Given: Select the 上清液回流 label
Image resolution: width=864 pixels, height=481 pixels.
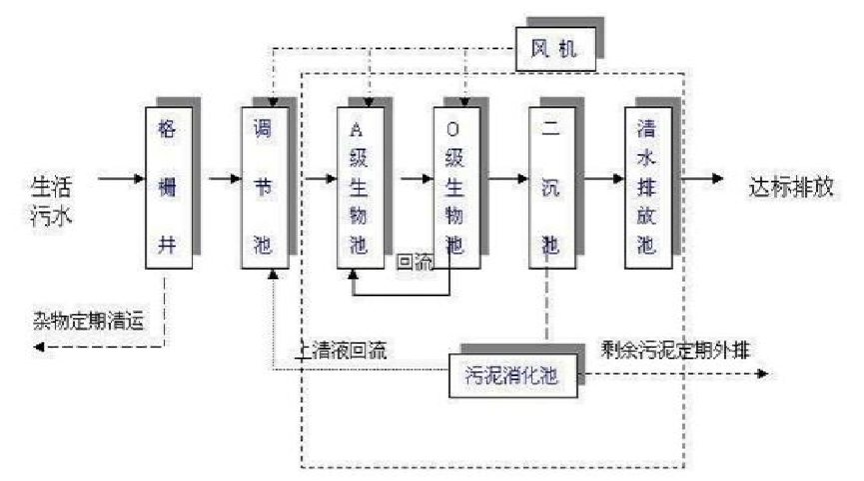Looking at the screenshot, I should tap(341, 351).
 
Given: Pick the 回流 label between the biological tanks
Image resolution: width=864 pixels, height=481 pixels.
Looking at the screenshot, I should tap(414, 262).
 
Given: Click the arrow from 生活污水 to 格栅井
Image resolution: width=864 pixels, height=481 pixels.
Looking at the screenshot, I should tap(121, 180).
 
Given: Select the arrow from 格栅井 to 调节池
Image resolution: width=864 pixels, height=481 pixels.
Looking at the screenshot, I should tap(217, 180).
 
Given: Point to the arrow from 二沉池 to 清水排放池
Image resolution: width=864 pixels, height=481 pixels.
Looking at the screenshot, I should tap(599, 180).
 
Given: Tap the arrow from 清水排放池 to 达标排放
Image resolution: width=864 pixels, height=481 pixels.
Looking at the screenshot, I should tap(703, 180).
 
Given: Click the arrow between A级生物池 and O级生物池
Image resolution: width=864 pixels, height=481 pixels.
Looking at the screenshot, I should tap(409, 180).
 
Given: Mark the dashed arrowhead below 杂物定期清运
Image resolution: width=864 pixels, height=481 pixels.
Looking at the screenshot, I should tap(38, 346).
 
